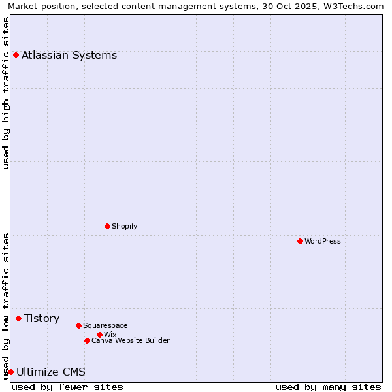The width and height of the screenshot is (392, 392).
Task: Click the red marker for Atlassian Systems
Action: click(16, 55)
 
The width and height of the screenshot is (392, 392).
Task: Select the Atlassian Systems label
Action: click(69, 55)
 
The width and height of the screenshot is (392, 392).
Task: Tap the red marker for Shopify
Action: click(107, 226)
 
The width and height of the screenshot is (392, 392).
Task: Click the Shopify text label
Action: click(124, 226)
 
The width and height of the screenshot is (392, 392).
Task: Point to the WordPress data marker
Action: click(300, 241)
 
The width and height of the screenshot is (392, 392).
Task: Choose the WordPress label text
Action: click(323, 241)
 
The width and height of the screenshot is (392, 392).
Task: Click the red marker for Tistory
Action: click(18, 318)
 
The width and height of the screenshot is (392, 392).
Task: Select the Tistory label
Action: click(42, 318)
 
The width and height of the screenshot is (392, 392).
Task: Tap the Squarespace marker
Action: click(78, 325)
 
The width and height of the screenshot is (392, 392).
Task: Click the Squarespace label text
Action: click(105, 325)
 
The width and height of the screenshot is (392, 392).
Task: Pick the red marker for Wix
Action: click(99, 335)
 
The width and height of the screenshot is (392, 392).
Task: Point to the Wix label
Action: click(110, 335)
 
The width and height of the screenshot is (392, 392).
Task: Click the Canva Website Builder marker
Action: click(87, 340)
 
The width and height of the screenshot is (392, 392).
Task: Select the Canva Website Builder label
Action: click(130, 340)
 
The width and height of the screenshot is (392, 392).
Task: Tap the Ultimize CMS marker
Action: click(10, 372)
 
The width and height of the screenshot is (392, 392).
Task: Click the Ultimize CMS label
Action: click(51, 372)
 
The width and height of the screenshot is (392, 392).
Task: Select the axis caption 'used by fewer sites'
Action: click(67, 387)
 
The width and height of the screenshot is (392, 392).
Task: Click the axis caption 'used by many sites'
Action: click(328, 387)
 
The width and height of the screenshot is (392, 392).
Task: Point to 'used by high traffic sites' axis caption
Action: click(6, 93)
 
